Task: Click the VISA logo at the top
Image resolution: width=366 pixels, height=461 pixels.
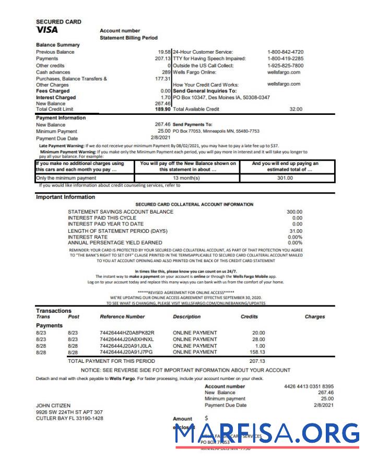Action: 47,30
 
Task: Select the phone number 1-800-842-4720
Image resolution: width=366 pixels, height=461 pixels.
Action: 285,52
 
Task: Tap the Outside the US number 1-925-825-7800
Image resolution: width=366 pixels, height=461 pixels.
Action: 285,66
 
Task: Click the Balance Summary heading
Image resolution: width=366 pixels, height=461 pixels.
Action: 58,45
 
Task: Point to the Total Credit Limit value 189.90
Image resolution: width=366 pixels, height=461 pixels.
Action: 163,109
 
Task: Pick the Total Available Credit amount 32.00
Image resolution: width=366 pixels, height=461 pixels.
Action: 296,109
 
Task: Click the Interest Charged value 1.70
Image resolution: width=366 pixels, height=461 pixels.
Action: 166,98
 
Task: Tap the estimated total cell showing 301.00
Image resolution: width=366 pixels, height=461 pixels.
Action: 285,178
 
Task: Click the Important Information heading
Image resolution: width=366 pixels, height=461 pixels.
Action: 65,197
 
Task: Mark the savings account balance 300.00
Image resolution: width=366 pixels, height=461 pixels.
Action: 294,212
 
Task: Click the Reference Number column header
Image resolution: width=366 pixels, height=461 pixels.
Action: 122,316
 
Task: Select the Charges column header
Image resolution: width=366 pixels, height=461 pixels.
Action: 314,316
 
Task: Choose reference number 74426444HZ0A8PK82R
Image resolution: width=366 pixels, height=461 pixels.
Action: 127,333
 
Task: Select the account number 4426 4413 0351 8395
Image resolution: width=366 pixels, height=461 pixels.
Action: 309,386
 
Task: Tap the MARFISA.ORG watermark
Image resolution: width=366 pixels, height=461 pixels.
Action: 267,434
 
